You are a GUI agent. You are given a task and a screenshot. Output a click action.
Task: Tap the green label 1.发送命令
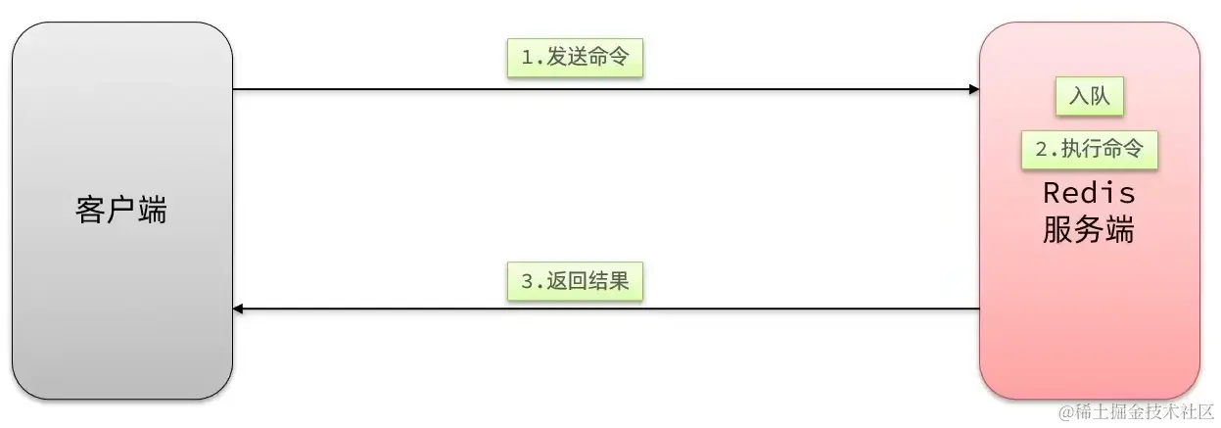point(575,59)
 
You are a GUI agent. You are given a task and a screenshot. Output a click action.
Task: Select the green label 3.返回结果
point(575,282)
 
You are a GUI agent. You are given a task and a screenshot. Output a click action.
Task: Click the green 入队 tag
point(1089,97)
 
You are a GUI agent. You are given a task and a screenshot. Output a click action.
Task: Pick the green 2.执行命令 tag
point(1089,150)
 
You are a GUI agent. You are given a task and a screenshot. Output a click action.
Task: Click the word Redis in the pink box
point(1089,192)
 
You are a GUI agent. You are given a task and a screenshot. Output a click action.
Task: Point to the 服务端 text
point(1089,231)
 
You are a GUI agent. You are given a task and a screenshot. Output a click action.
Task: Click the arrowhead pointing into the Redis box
point(973,89)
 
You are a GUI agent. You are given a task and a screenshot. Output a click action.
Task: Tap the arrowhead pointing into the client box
point(239,309)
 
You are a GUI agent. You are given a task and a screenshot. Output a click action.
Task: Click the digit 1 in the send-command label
point(526,59)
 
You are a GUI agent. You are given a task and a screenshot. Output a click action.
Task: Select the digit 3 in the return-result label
point(526,282)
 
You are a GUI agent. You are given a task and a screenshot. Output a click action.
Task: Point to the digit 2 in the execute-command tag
point(1042,150)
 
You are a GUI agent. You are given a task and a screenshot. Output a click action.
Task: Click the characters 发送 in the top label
point(565,59)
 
